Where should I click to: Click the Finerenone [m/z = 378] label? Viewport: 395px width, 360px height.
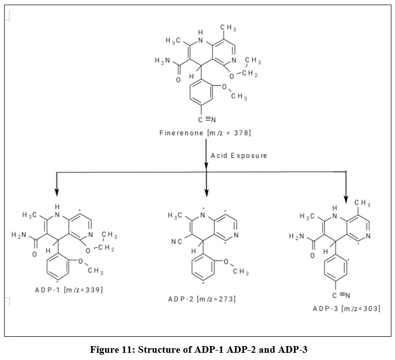(x=205, y=133)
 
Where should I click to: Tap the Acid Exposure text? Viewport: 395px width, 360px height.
(x=239, y=155)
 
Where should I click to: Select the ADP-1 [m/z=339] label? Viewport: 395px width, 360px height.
(x=68, y=289)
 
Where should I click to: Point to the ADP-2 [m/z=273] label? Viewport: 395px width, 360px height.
(x=202, y=299)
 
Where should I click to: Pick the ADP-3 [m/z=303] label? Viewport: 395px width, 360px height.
(x=346, y=308)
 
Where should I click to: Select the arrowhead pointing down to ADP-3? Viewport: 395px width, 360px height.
(x=346, y=197)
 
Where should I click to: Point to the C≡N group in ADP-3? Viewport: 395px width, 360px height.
(x=341, y=295)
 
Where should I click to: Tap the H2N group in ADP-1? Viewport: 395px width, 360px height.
(x=18, y=235)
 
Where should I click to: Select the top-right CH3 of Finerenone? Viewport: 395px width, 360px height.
(x=228, y=28)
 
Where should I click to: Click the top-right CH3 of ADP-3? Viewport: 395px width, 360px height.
(x=366, y=204)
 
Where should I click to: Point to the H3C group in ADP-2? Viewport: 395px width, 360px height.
(x=175, y=215)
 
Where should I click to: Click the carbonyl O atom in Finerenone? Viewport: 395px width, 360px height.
(x=178, y=80)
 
